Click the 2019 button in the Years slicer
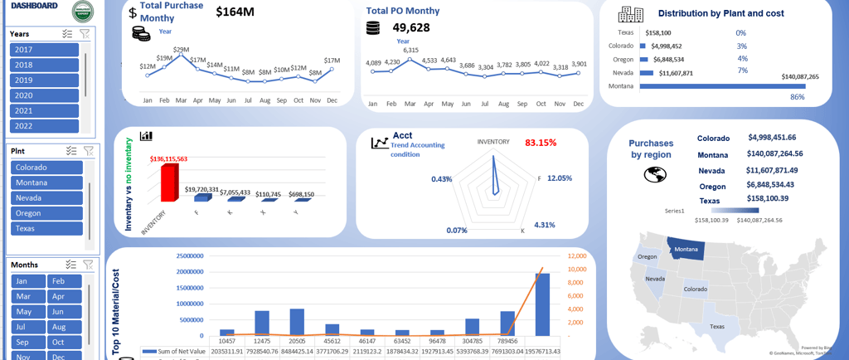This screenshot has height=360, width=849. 44,80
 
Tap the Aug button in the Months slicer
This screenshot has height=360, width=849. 64,327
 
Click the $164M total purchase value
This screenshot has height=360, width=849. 235,12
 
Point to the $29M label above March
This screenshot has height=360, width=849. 181,50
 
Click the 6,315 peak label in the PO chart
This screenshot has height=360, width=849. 410,51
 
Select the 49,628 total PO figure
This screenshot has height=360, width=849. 405,28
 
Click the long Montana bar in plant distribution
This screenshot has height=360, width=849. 721,86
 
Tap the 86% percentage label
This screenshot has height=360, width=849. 798,97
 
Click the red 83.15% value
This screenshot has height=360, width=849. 541,143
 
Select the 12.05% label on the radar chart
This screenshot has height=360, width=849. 560,178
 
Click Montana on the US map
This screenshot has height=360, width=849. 686,249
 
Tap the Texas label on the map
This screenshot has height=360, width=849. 717,326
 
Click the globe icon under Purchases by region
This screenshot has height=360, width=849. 655,174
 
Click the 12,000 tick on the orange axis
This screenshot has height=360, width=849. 577,255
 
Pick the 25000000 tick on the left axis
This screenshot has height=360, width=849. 191,256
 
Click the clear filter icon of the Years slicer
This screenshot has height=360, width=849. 85,34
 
